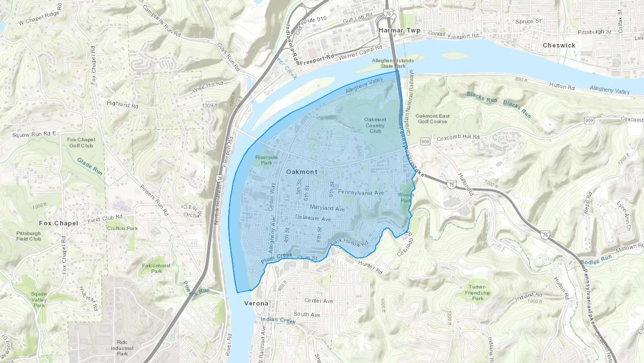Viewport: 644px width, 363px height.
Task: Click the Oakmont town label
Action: point(302,172)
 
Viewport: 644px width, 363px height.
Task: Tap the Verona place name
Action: point(256,304)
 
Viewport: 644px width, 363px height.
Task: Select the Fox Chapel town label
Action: point(58,223)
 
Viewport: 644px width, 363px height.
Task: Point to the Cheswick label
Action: point(559,46)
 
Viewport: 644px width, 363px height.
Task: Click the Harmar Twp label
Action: point(399,30)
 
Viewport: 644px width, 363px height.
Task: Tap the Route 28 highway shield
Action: point(219,178)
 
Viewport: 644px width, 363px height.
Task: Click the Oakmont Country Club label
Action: point(375,125)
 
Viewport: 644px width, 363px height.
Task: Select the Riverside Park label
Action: point(266,160)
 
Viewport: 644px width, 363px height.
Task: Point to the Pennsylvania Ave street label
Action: point(361,192)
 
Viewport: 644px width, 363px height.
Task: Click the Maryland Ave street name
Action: point(327,208)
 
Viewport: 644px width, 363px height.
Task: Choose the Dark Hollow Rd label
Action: point(349,243)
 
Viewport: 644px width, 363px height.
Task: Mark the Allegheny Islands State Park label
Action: point(393,63)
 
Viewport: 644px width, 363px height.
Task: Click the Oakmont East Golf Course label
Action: point(432,119)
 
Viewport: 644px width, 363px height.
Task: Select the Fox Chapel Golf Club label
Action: point(81,143)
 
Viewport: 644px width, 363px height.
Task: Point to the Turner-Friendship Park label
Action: point(478,292)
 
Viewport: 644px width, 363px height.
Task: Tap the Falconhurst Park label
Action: point(156,268)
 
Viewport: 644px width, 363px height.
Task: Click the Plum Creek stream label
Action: point(277,258)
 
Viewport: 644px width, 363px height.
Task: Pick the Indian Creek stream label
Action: point(278,320)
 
